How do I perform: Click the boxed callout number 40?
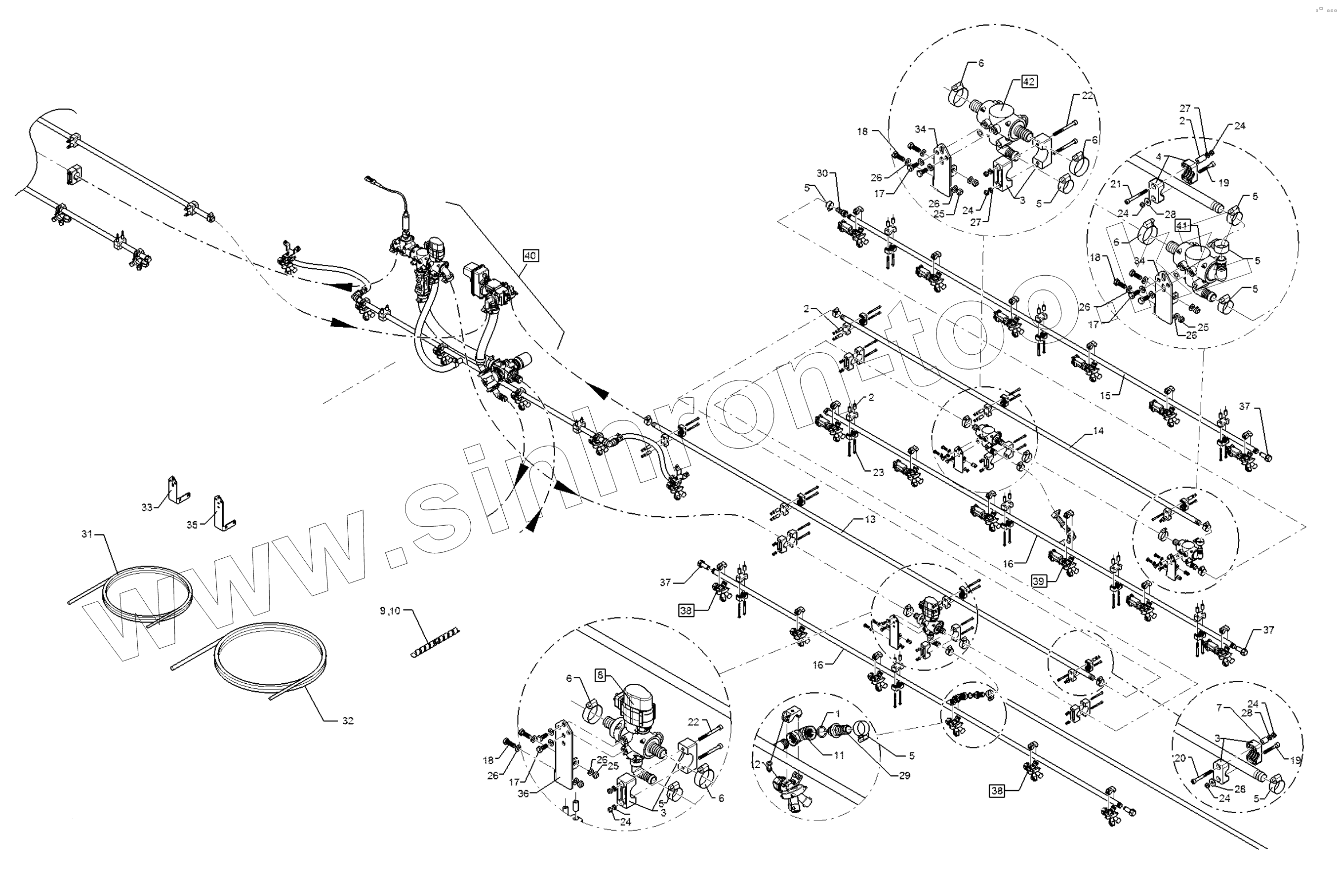tap(530, 255)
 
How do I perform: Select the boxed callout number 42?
tap(1028, 82)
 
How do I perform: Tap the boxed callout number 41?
tap(1181, 225)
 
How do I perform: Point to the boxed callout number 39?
tap(1039, 581)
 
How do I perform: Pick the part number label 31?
tap(86, 534)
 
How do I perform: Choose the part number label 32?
tap(348, 720)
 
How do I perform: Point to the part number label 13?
tap(870, 519)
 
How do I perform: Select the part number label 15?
tap(1105, 395)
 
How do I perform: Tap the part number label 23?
tap(878, 472)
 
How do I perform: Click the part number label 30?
tap(822, 173)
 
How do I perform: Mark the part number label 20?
tap(1180, 758)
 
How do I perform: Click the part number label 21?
tap(1116, 183)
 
